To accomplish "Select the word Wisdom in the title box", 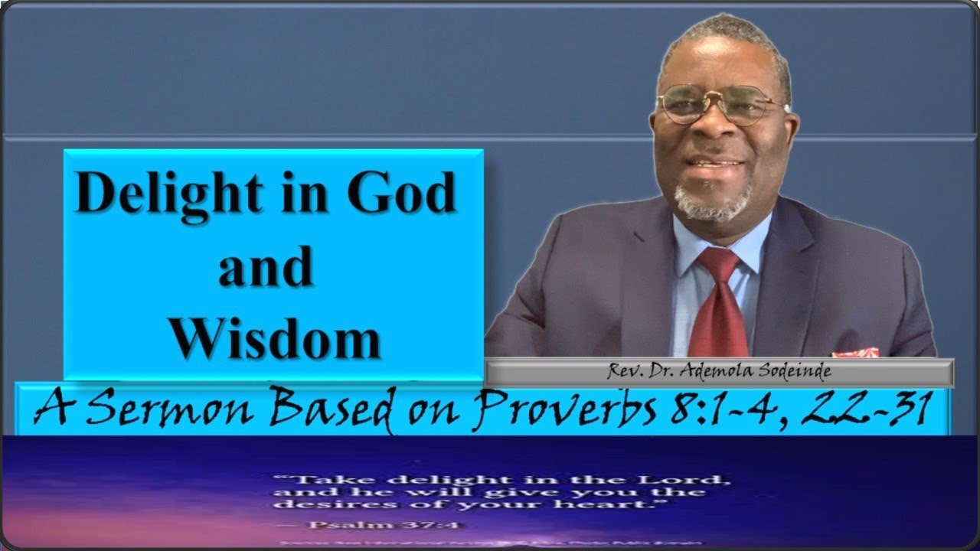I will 275,337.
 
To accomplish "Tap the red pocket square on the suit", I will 856,353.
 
